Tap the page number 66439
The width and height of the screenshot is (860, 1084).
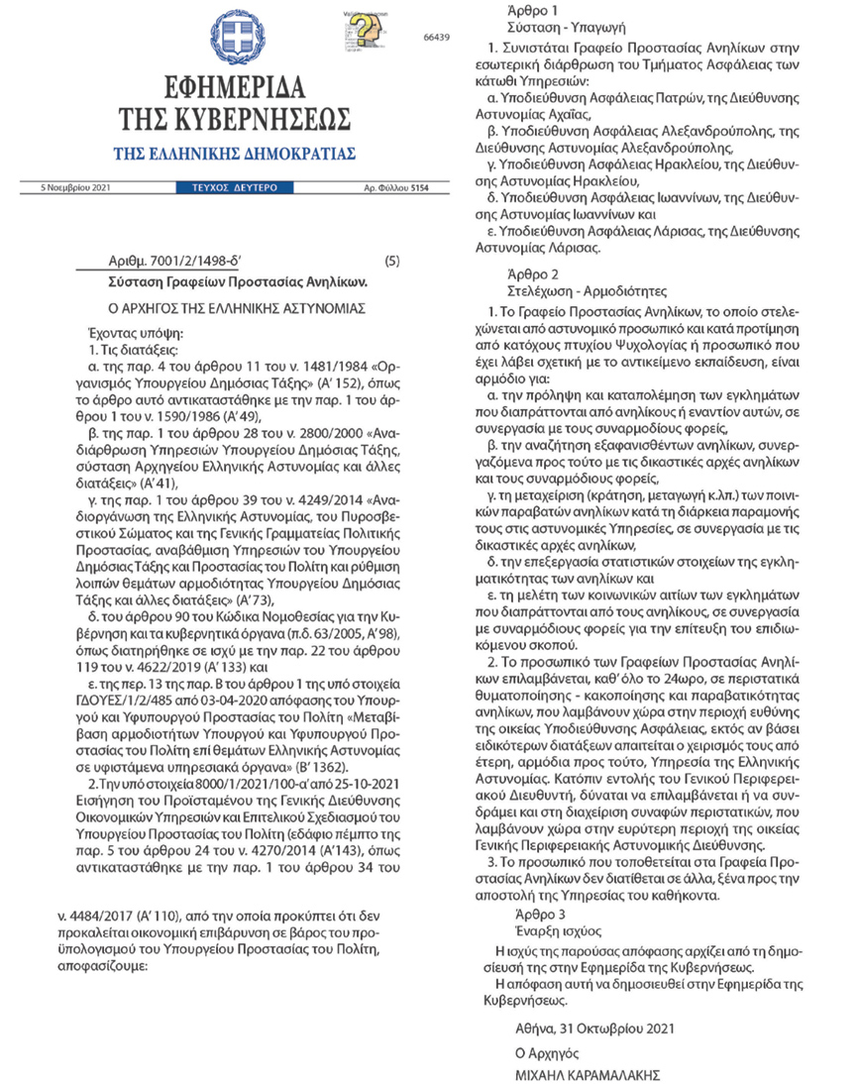point(436,37)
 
